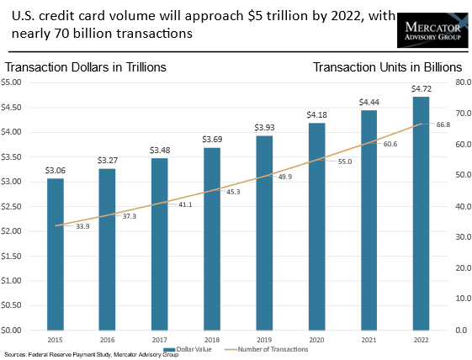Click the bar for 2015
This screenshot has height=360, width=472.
pos(56,254)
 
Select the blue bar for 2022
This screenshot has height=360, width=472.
pos(422,214)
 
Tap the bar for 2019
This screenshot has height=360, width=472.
pos(264,233)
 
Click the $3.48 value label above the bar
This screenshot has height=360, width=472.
pos(160,151)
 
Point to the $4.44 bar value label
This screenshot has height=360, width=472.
pos(369,103)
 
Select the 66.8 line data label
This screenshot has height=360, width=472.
pos(443,124)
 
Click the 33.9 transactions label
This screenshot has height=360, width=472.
pos(82,226)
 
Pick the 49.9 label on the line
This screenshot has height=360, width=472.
pos(284,177)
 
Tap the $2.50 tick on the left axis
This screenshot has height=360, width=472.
pos(11,206)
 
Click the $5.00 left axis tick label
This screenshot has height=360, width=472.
pos(11,82)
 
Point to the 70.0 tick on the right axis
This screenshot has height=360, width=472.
pos(464,114)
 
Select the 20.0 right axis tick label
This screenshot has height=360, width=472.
pos(464,267)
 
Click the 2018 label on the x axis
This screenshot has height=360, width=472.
pos(212,340)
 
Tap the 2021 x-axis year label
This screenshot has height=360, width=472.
pos(369,340)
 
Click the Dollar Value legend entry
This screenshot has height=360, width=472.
pos(188,349)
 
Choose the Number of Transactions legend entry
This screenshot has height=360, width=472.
pos(267,349)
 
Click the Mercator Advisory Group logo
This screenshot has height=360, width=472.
pos(432,30)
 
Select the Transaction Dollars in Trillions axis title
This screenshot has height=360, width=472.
pos(86,67)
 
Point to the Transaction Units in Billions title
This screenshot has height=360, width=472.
pos(387,67)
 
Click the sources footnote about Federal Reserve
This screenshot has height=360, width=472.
pos(91,355)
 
